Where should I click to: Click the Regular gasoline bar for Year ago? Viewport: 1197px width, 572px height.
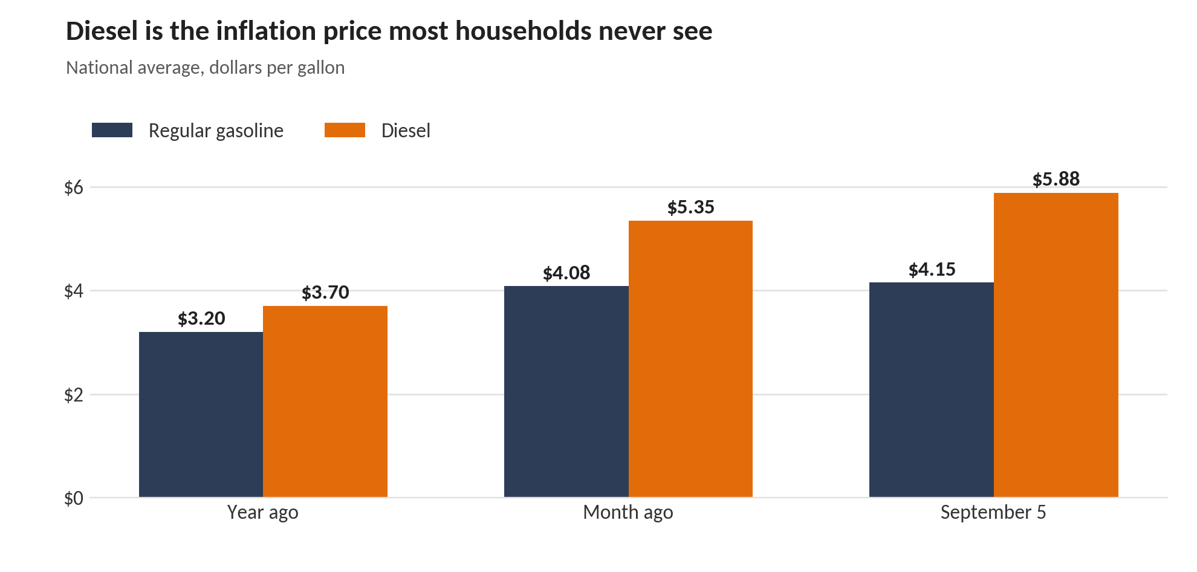pyautogui.click(x=201, y=415)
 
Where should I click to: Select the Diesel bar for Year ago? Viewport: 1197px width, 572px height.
pyautogui.click(x=325, y=401)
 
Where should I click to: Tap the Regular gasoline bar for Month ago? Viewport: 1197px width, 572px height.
pyautogui.click(x=566, y=392)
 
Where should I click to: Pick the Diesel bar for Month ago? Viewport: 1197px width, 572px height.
pyautogui.click(x=690, y=359)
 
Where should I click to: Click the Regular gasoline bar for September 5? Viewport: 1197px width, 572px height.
pyautogui.click(x=932, y=390)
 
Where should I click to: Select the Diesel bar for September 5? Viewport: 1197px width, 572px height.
pyautogui.click(x=1056, y=345)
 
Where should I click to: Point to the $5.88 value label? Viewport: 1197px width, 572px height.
pyautogui.click(x=1056, y=179)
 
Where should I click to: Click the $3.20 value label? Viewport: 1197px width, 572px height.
pyautogui.click(x=201, y=318)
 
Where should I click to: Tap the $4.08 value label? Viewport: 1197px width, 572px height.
pyautogui.click(x=566, y=273)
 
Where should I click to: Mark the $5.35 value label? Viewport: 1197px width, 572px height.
pyautogui.click(x=691, y=207)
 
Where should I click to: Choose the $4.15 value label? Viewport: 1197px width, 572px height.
pyautogui.click(x=932, y=269)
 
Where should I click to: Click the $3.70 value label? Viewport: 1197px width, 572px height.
pyautogui.click(x=325, y=292)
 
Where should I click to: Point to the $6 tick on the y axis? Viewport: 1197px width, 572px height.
pyautogui.click(x=74, y=187)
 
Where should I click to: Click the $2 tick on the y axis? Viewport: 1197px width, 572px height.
pyautogui.click(x=74, y=395)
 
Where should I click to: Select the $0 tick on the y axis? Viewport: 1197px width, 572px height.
pyautogui.click(x=74, y=498)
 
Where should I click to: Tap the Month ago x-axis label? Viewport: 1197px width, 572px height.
pyautogui.click(x=628, y=512)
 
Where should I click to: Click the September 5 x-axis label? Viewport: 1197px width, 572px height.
pyautogui.click(x=993, y=512)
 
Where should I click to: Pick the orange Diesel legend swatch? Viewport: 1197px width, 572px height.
pyautogui.click(x=345, y=130)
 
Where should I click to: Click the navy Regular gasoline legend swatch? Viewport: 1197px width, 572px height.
pyautogui.click(x=112, y=130)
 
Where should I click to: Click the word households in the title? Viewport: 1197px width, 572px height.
pyautogui.click(x=524, y=31)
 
